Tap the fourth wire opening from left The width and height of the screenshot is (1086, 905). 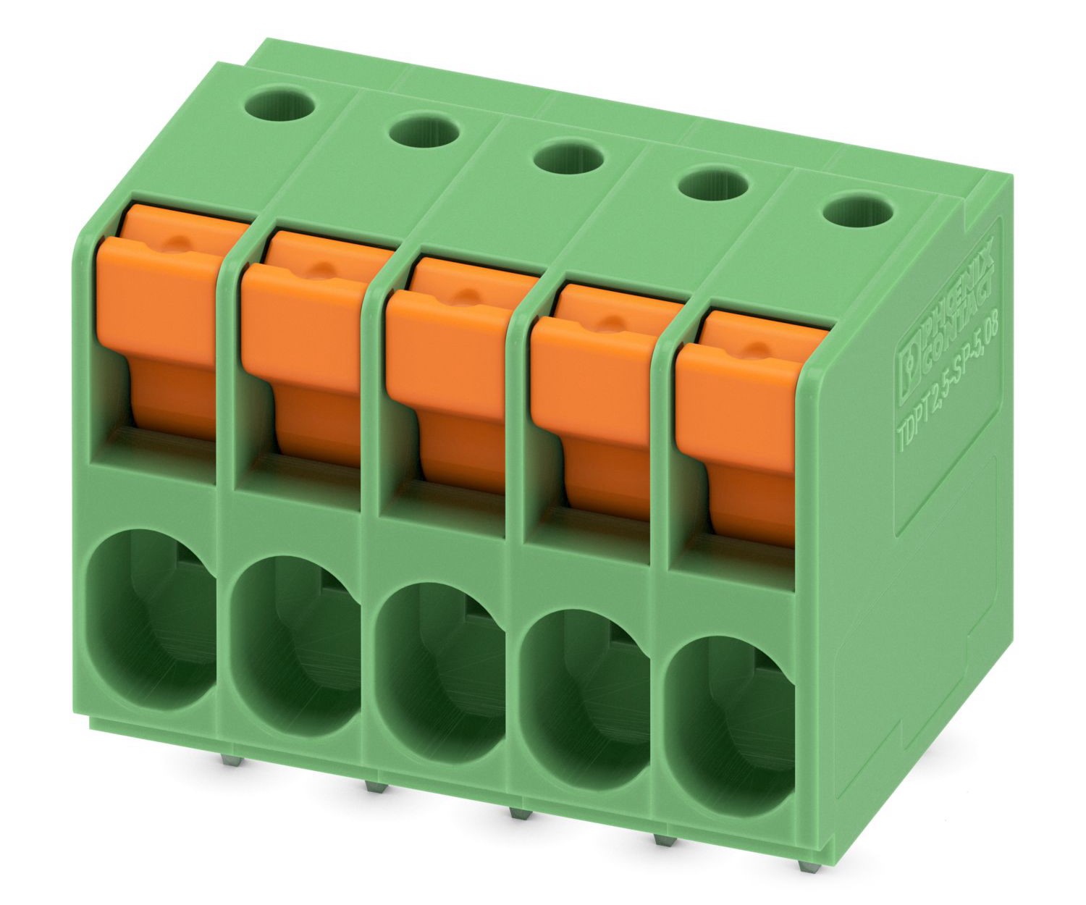tap(586, 695)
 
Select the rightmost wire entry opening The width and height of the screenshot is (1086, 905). tap(731, 724)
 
